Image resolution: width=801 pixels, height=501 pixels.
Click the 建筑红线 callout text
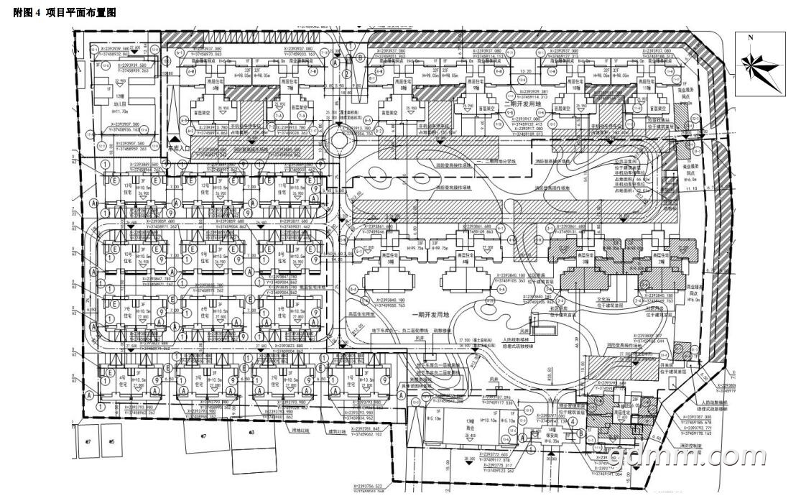tap(337, 431)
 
